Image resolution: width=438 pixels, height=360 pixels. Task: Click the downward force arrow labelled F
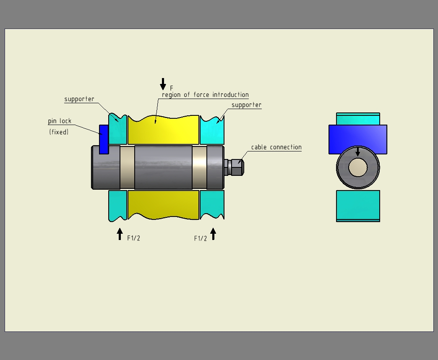click(x=163, y=84)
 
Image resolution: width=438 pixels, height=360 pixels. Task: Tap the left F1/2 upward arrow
click(x=120, y=234)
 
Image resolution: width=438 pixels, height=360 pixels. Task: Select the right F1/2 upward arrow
click(x=213, y=234)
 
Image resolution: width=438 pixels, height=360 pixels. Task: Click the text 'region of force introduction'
click(x=205, y=95)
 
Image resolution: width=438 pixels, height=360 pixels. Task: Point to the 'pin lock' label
click(x=60, y=121)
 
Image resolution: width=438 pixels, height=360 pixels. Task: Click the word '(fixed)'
click(x=59, y=132)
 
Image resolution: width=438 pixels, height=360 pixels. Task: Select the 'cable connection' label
click(x=276, y=147)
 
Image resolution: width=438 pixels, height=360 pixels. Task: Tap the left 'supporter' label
click(x=79, y=99)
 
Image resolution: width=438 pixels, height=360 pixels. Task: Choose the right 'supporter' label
click(x=246, y=105)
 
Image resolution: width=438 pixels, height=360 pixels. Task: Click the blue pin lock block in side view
click(x=104, y=139)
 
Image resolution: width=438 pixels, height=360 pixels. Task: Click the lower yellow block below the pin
click(x=163, y=204)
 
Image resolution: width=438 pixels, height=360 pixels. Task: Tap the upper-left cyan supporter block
click(x=118, y=130)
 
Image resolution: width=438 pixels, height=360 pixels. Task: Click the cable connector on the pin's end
click(x=235, y=167)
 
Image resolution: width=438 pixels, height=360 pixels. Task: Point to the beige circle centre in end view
click(x=358, y=167)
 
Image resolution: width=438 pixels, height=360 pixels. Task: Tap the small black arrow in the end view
click(x=357, y=152)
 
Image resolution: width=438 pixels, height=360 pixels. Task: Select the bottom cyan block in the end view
click(x=358, y=205)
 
